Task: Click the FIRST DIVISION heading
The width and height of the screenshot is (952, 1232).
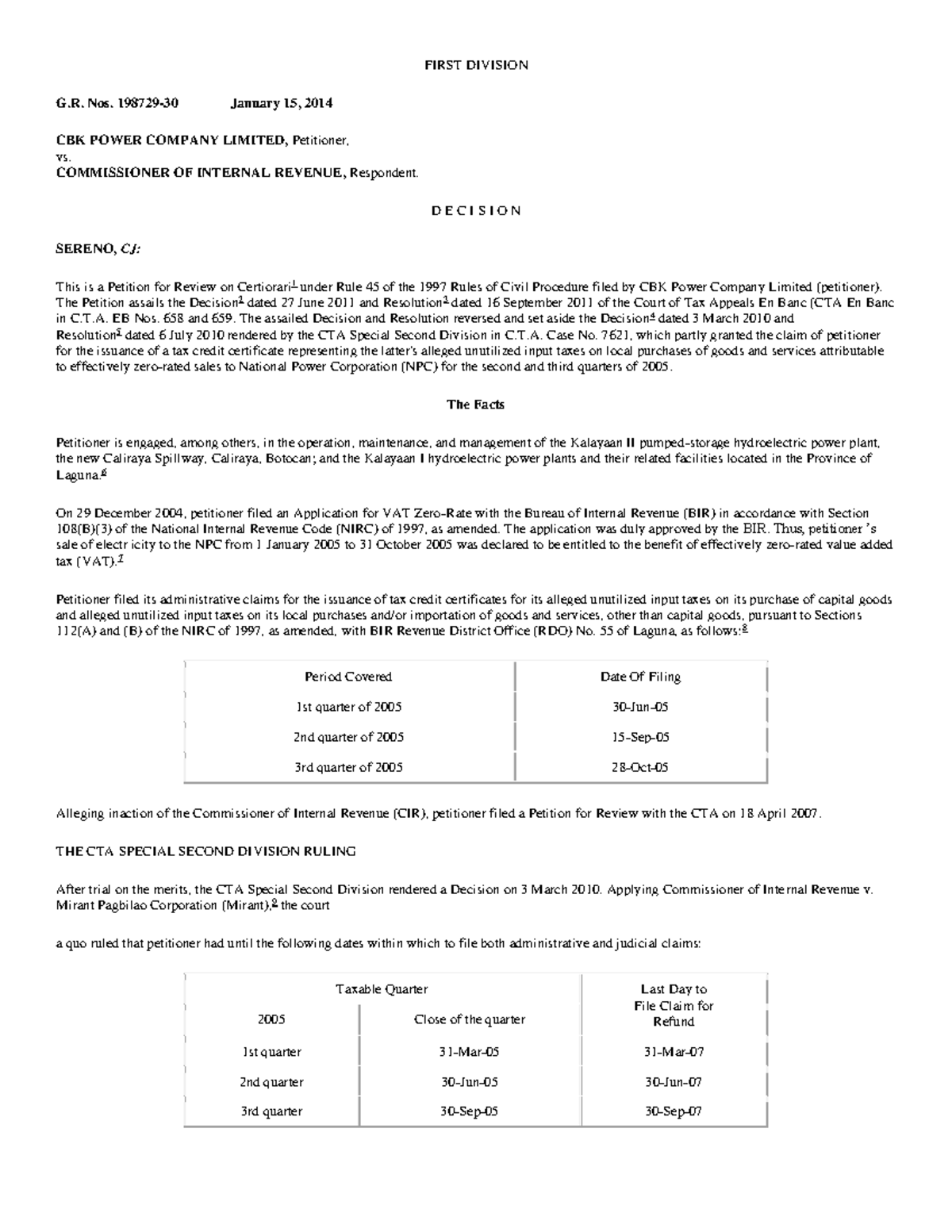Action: coord(476,65)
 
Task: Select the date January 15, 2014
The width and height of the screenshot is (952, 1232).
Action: coord(282,103)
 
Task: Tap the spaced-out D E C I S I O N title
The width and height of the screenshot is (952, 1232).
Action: coord(476,211)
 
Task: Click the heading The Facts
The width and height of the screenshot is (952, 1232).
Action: coord(475,405)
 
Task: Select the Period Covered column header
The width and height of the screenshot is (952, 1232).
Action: coord(348,677)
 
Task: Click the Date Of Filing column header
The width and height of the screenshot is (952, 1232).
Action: coord(640,677)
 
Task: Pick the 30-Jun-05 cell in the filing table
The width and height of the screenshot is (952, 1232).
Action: coord(640,707)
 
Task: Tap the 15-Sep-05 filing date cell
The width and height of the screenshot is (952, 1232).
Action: coord(640,737)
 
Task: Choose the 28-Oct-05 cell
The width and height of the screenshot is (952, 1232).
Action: coord(640,767)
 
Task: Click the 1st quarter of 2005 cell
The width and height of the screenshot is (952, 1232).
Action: coord(348,707)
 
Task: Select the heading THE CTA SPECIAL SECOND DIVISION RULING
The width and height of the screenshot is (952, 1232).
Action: coord(205,851)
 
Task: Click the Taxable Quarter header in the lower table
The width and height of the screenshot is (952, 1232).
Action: coord(382,989)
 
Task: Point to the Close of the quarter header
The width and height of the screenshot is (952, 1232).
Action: coord(470,1019)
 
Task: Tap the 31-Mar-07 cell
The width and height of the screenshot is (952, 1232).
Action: coord(674,1052)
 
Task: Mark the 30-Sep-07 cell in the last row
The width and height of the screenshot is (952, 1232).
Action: coord(674,1111)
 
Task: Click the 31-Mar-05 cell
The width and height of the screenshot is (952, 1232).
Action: coord(470,1052)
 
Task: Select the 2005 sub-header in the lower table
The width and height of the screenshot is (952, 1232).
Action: coord(271,1019)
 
